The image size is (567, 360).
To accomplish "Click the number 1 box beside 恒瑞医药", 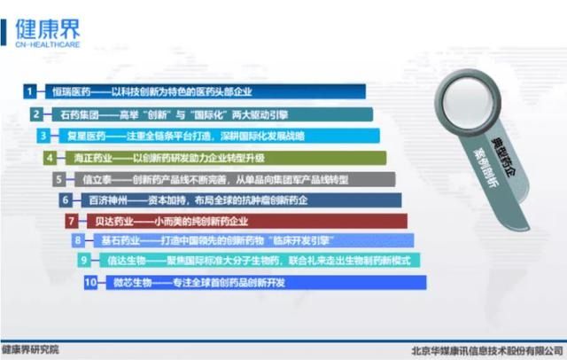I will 30,90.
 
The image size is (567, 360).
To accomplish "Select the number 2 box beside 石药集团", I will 36,113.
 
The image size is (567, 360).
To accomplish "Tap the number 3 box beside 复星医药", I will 43,136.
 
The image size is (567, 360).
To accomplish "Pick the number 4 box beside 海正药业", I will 50,158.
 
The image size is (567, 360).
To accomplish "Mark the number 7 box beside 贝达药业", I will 72,220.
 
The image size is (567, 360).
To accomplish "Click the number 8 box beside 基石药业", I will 78,240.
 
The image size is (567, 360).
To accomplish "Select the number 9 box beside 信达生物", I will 84,261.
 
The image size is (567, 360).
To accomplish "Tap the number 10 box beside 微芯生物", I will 91,282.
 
